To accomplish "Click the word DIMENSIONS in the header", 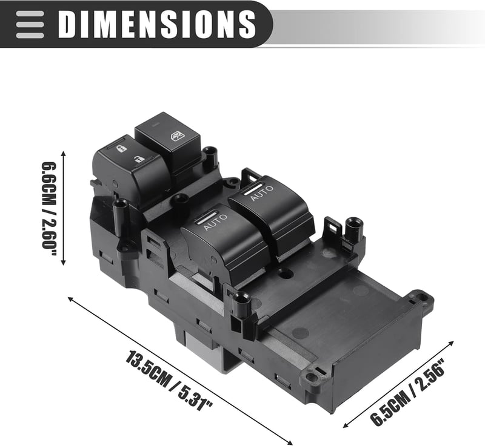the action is point(157,24).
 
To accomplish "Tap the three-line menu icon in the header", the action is point(30,24).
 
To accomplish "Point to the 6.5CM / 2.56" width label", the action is point(408,392).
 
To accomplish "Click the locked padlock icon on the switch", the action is point(121,149).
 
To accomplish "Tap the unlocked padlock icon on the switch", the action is point(139,159).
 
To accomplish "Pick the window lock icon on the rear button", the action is point(176,135).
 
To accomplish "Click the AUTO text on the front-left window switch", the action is point(215,221).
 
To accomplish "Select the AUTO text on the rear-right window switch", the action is point(261,193).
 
